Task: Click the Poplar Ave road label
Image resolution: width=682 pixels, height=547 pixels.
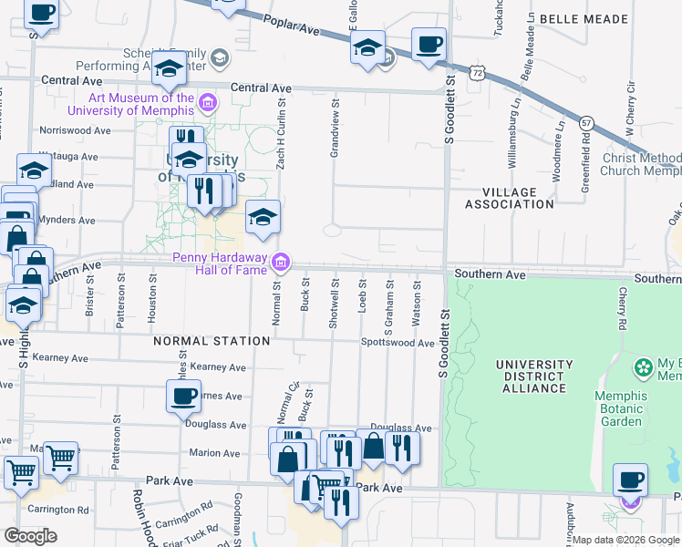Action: (x=294, y=30)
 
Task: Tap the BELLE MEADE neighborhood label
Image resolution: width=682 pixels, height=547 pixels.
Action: (x=584, y=19)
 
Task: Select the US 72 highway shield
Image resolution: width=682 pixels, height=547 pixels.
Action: (x=478, y=71)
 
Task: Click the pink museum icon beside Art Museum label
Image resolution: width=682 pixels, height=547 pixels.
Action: (x=208, y=102)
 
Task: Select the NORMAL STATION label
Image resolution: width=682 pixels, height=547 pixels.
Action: (x=212, y=341)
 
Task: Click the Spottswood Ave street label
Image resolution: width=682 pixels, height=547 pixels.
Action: (x=398, y=343)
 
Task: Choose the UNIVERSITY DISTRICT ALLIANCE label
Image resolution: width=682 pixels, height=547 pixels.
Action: (x=534, y=377)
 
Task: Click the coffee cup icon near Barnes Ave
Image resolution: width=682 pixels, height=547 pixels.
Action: (x=183, y=396)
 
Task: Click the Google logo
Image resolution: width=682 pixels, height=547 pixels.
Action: (x=30, y=536)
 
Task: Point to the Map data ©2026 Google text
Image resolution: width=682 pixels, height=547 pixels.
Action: (x=625, y=540)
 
